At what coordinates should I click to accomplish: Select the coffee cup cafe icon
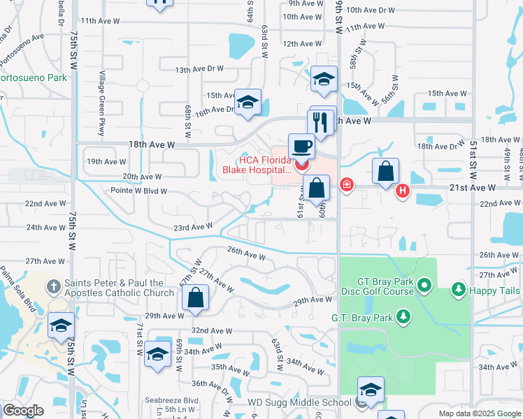click(x=301, y=147)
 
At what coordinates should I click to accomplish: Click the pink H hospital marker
click(x=402, y=191)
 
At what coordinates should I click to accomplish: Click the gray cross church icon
click(x=53, y=286)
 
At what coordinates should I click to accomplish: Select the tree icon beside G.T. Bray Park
click(x=403, y=318)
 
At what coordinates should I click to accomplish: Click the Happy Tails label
click(x=496, y=288)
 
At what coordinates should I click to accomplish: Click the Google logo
click(x=22, y=411)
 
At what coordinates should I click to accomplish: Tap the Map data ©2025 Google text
click(x=479, y=413)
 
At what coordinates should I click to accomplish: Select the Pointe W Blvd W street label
click(x=138, y=191)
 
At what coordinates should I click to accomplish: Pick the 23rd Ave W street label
click(x=193, y=227)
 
